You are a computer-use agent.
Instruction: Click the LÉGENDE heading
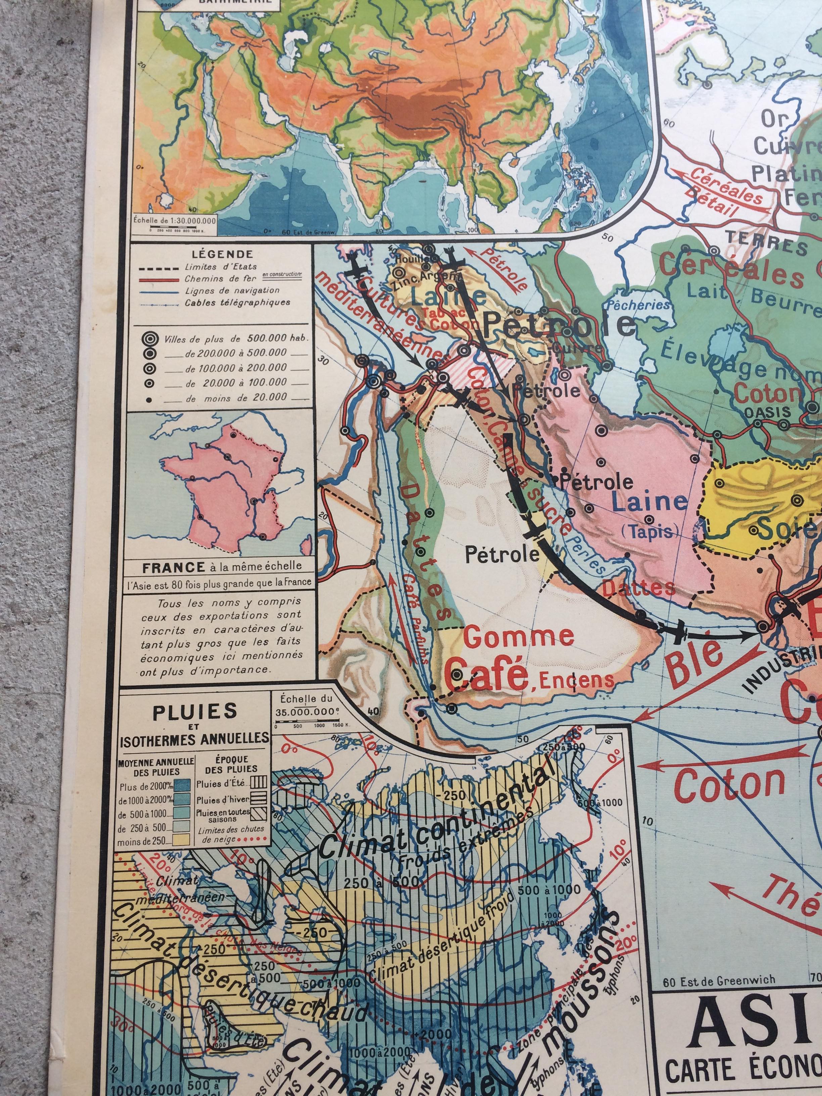(221, 255)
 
